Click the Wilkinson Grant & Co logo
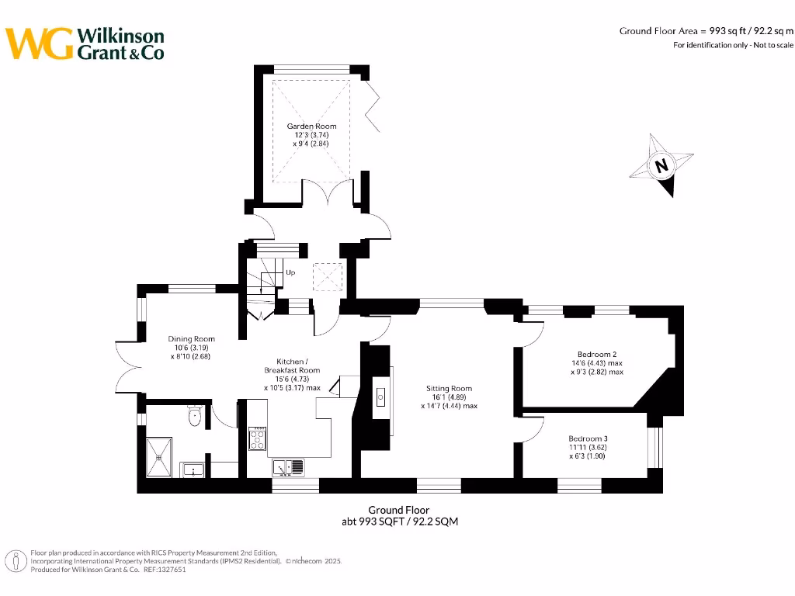point(85,43)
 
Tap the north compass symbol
point(661,166)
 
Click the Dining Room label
point(191,339)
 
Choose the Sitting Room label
point(449,388)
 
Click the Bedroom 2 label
point(596,355)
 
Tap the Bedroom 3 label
point(587,438)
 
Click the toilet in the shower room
point(195,418)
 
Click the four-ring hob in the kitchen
point(257,439)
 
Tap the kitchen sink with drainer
point(288,467)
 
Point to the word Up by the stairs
point(290,272)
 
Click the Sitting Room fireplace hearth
point(382,397)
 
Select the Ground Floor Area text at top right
point(706,31)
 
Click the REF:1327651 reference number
point(164,569)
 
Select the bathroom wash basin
point(193,468)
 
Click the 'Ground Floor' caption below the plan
point(399,510)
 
